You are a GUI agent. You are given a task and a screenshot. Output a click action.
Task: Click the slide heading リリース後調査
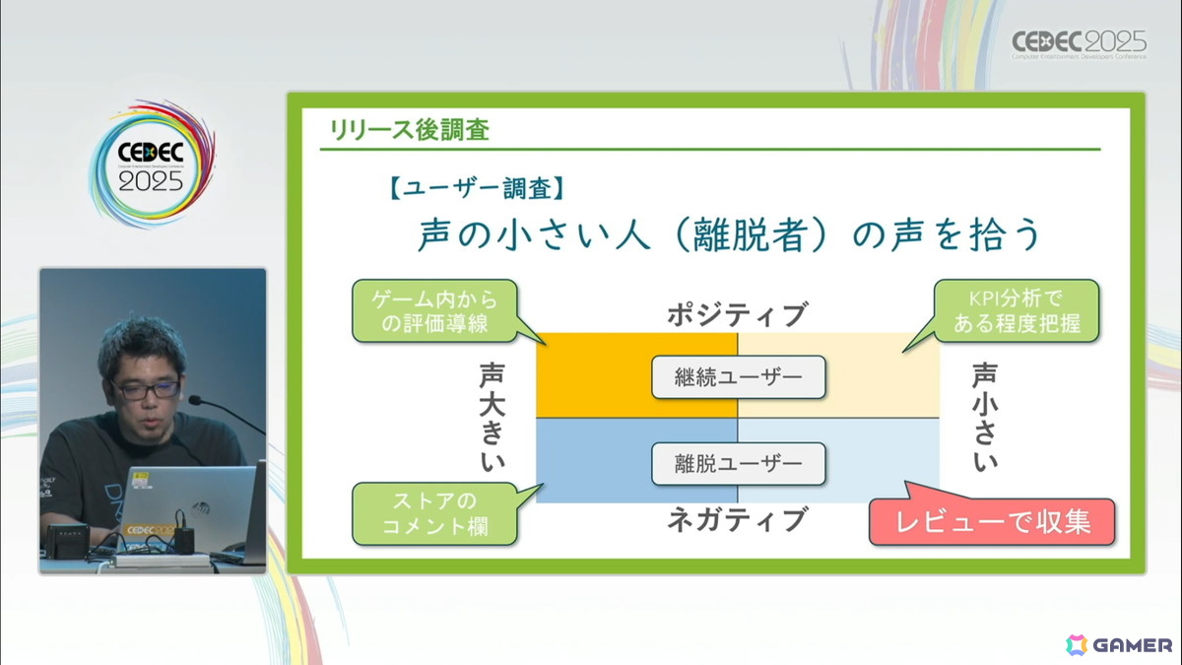tap(409, 129)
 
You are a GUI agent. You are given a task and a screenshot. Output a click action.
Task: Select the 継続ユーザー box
tap(738, 376)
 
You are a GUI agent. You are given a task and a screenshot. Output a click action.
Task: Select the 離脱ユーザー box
tap(738, 462)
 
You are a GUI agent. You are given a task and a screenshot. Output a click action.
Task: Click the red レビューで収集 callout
tap(992, 522)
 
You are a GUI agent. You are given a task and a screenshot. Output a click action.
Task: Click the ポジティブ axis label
tap(737, 315)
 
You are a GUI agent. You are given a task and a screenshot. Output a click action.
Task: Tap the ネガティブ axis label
tap(737, 518)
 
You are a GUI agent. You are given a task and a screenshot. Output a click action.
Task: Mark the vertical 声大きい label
tap(492, 419)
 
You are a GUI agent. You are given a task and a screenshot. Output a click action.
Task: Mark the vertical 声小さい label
tap(983, 419)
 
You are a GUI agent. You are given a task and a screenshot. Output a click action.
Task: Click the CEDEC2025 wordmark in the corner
tap(1080, 43)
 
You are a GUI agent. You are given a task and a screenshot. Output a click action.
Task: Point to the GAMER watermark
tap(1119, 644)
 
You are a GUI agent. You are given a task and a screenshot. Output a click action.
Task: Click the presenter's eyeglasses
tap(145, 388)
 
